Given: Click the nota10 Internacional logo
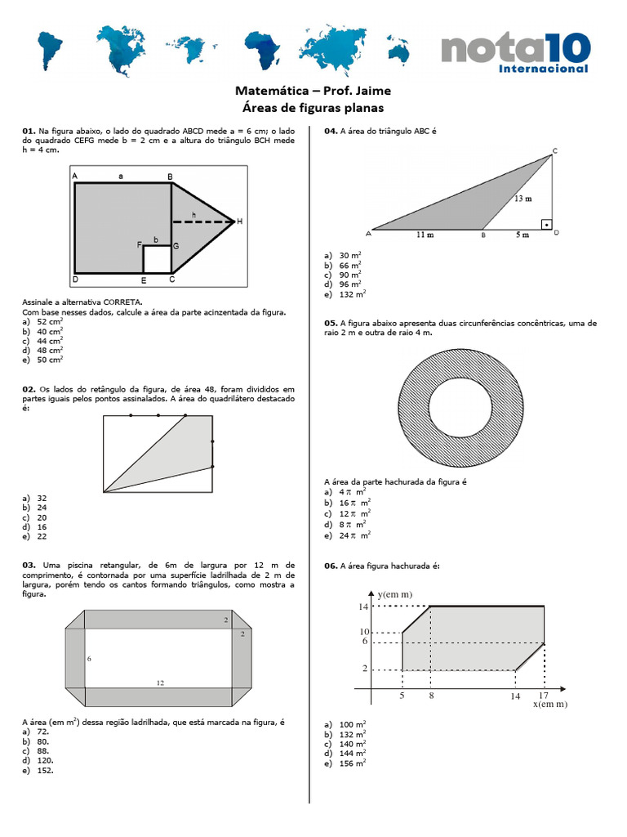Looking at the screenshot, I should point(514,53).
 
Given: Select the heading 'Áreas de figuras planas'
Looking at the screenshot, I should point(313,108).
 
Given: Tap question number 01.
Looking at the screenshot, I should point(29,131).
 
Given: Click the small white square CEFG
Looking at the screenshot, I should point(157,259).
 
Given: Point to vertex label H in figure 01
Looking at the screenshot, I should point(240,222).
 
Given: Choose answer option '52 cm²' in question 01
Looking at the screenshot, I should point(49,322).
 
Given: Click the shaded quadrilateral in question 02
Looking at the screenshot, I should point(176,454).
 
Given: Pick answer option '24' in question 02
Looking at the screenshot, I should point(42,507).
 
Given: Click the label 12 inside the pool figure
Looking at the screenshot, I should point(160,682).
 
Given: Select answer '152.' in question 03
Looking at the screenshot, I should point(43,770).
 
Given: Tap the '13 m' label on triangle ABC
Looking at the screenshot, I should point(523,199).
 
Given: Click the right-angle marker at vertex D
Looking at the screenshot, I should point(546,224).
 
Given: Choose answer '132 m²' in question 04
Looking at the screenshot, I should point(352,294).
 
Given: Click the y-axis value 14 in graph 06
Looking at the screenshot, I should point(364,606).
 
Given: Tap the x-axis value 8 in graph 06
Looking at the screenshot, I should point(431,696).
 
